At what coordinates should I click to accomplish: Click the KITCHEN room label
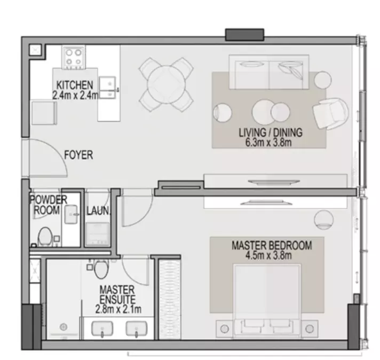click(x=75, y=85)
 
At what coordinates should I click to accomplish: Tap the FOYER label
click(x=78, y=155)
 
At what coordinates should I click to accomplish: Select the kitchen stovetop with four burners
click(x=74, y=58)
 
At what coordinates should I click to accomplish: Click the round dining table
click(x=166, y=84)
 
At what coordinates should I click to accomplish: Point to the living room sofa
click(x=269, y=72)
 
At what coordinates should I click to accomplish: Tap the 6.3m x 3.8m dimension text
click(x=268, y=143)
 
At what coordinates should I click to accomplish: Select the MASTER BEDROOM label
click(x=272, y=245)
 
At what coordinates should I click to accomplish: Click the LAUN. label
click(x=98, y=211)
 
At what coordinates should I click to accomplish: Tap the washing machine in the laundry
click(x=97, y=234)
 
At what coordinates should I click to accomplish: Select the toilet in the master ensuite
click(x=101, y=269)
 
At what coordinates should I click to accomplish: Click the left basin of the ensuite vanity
click(x=102, y=329)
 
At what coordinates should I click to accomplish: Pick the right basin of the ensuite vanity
click(x=137, y=329)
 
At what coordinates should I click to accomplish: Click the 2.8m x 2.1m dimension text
click(x=118, y=310)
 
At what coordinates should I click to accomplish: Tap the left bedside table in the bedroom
click(x=225, y=329)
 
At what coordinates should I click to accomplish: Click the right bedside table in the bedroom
click(x=310, y=329)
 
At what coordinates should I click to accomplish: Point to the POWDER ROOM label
click(x=48, y=205)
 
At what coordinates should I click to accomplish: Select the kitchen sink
click(x=107, y=88)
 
